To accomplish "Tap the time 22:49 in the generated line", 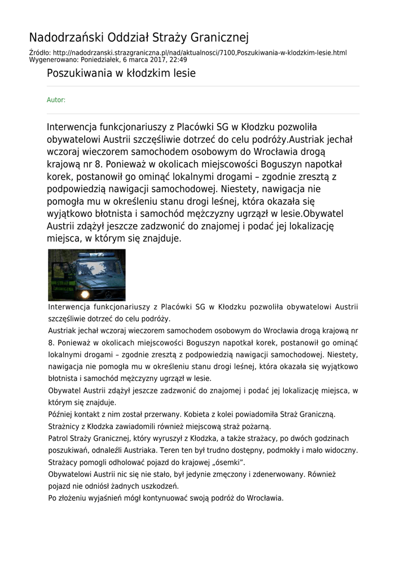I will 178,59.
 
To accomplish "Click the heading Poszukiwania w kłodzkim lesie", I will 121,73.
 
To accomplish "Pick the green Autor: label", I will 56,100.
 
